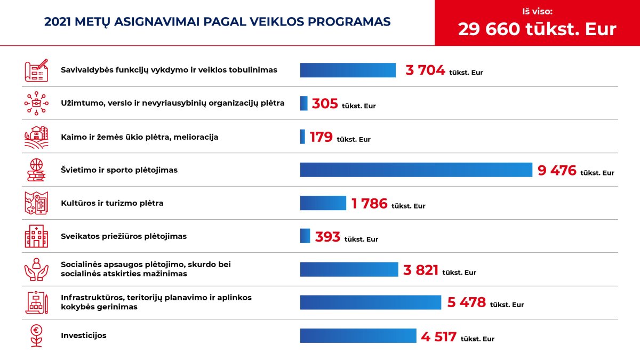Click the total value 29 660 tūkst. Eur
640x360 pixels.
pyautogui.click(x=537, y=29)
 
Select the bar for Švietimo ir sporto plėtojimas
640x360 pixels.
pyautogui.click(x=416, y=170)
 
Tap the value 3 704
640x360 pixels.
pyautogui.click(x=425, y=70)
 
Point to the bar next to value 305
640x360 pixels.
pyautogui.click(x=303, y=103)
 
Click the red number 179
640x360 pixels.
pyautogui.click(x=321, y=137)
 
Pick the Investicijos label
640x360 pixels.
pyautogui.click(x=83, y=335)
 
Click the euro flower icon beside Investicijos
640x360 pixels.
pyautogui.click(x=36, y=336)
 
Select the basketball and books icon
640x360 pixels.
pyautogui.click(x=36, y=170)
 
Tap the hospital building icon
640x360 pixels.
pyautogui.click(x=36, y=236)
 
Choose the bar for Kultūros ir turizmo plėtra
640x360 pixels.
pyautogui.click(x=323, y=203)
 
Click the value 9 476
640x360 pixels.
pyautogui.click(x=557, y=170)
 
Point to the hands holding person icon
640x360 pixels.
pyautogui.click(x=36, y=269)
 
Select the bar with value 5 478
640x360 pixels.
pyautogui.click(x=371, y=302)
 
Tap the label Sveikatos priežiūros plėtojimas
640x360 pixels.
pyautogui.click(x=124, y=236)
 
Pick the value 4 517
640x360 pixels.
pyautogui.click(x=438, y=337)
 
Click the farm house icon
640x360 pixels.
pyautogui.click(x=36, y=137)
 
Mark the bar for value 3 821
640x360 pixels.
pyautogui.click(x=349, y=269)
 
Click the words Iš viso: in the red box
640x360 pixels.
pyautogui.click(x=538, y=11)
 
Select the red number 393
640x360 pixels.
pyautogui.click(x=327, y=237)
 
